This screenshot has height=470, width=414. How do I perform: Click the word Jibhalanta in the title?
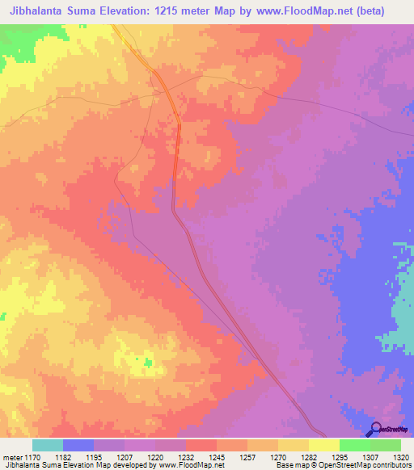pos(41,11)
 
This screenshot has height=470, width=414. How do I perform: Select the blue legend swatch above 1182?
pos(78,445)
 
